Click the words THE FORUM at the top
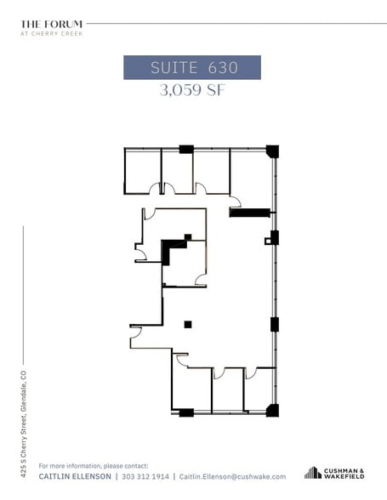52,24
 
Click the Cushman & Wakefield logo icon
312,473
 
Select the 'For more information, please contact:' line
94,466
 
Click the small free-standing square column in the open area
188,323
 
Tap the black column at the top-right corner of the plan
272,151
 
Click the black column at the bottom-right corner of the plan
272,411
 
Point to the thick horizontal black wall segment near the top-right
250,213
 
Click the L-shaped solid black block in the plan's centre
174,247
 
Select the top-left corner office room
141,171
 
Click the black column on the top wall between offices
186,149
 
